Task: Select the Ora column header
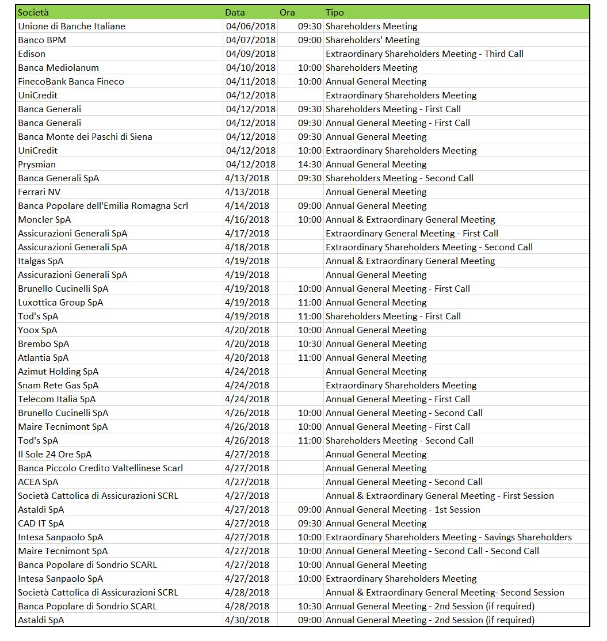(x=287, y=12)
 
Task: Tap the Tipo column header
(x=334, y=12)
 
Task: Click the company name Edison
(x=31, y=54)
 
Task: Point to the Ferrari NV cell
(x=39, y=192)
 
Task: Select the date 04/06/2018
(x=251, y=26)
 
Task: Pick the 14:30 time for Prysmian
(x=310, y=164)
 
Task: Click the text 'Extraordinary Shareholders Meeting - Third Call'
(x=424, y=54)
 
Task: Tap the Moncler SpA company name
(x=44, y=219)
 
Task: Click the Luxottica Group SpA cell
(x=60, y=302)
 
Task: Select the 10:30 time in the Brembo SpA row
(x=310, y=344)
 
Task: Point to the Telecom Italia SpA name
(x=57, y=399)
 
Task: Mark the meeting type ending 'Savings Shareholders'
(x=448, y=537)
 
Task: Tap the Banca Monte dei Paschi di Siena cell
(x=85, y=136)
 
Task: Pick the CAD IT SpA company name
(x=41, y=523)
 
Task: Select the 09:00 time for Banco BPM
(x=310, y=40)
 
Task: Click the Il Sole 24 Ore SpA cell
(x=55, y=454)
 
